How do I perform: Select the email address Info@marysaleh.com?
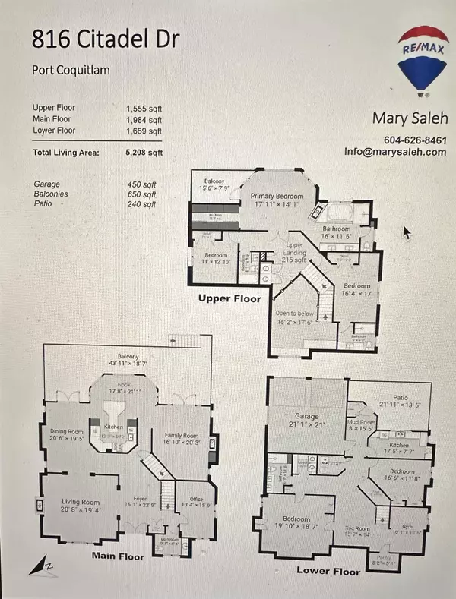point(404,152)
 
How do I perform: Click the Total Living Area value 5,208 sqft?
point(144,152)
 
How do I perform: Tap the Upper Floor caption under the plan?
point(230,298)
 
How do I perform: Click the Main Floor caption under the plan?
point(119,556)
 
